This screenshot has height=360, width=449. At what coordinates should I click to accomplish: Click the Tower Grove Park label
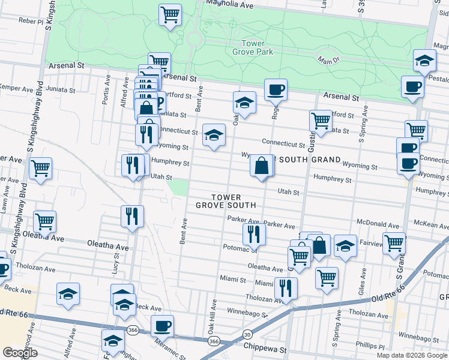(256, 47)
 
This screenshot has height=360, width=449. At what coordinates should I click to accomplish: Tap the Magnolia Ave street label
(230, 4)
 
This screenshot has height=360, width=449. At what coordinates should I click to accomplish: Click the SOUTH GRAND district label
(308, 160)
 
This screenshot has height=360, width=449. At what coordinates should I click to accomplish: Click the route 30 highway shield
(247, 334)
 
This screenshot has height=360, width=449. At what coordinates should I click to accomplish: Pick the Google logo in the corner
(20, 352)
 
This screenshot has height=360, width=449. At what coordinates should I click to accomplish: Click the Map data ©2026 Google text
(412, 355)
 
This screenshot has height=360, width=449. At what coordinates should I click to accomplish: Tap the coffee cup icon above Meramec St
(162, 326)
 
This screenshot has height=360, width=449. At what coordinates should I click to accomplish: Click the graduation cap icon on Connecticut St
(214, 136)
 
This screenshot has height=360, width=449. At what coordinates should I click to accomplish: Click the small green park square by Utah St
(178, 188)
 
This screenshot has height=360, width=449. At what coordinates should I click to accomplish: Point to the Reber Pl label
(32, 20)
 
